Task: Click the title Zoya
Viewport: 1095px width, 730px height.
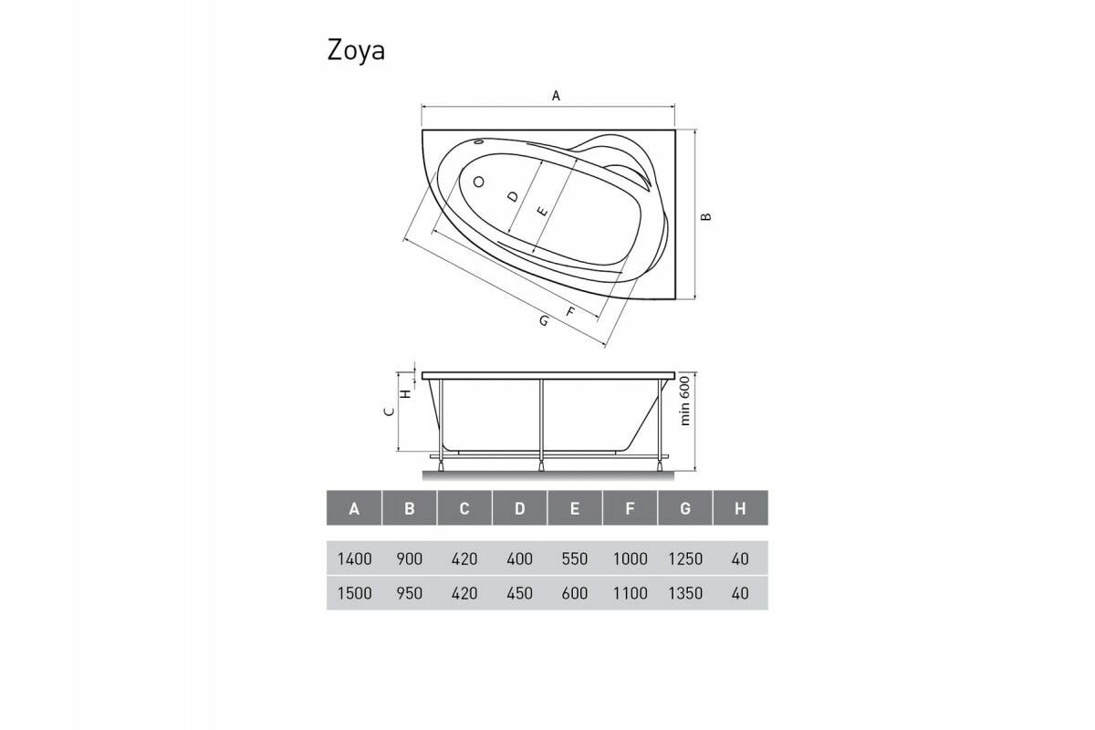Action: (356, 51)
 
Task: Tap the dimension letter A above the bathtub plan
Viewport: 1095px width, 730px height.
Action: (555, 95)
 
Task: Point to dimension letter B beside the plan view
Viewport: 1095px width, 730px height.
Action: (705, 216)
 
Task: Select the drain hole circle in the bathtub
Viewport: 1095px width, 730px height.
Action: (477, 182)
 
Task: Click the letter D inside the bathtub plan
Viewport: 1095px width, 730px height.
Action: (513, 195)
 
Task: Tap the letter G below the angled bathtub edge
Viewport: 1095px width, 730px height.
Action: (544, 321)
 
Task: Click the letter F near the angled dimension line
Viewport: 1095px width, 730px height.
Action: (571, 312)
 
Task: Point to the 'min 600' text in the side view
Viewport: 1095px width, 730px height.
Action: (684, 402)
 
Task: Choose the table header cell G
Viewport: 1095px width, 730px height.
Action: (684, 508)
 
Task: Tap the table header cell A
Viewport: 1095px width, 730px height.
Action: (354, 508)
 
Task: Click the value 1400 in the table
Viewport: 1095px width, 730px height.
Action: (354, 559)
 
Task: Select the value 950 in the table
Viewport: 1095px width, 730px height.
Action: (410, 593)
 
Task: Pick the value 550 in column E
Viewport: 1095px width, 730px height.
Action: (575, 559)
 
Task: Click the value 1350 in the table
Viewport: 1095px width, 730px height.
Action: (684, 593)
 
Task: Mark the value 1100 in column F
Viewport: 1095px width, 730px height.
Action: (630, 593)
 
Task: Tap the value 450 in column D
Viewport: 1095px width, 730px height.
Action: (519, 593)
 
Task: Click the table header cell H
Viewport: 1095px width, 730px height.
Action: (740, 508)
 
